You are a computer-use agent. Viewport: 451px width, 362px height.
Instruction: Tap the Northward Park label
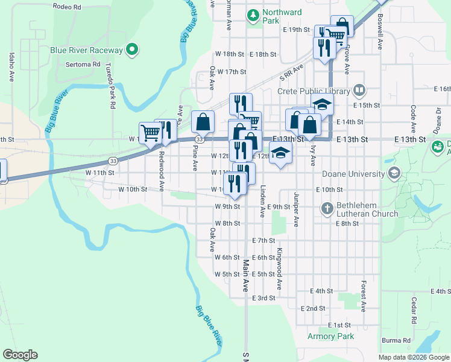pyautogui.click(x=280, y=16)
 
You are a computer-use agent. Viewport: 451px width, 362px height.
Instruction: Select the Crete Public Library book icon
pyautogui.click(x=359, y=91)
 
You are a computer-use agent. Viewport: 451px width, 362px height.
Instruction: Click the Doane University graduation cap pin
pyautogui.click(x=394, y=174)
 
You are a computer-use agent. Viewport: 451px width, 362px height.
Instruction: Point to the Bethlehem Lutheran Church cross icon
pyautogui.click(x=327, y=209)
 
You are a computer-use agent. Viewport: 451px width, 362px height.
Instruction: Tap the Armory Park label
pyautogui.click(x=330, y=336)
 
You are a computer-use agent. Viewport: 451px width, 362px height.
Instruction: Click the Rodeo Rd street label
pyautogui.click(x=66, y=7)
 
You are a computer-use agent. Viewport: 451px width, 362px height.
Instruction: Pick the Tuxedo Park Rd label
pyautogui.click(x=112, y=85)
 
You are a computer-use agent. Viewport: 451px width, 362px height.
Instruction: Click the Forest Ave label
pyautogui.click(x=364, y=296)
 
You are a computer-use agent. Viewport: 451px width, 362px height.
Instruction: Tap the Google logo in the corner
pyautogui.click(x=20, y=355)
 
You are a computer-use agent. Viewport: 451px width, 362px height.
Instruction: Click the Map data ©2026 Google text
pyautogui.click(x=413, y=357)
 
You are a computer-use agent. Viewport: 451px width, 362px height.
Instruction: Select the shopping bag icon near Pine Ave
pyautogui.click(x=203, y=122)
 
